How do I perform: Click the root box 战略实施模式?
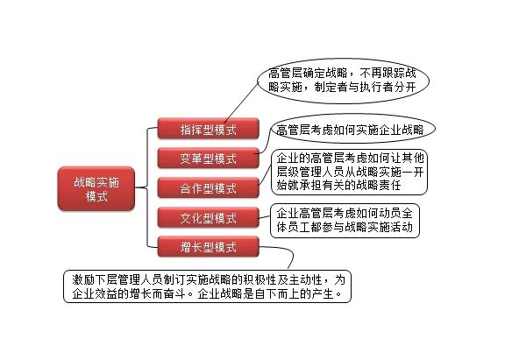[96, 188]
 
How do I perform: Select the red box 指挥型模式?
[209, 129]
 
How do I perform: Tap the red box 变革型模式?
[209, 159]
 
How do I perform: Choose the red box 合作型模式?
[209, 187]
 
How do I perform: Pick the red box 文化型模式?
[209, 217]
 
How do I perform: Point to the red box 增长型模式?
[209, 247]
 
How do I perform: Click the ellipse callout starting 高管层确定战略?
[343, 81]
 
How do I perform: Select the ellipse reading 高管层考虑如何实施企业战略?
[353, 129]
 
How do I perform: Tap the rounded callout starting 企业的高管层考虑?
[349, 172]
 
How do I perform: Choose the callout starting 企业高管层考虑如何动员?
[345, 221]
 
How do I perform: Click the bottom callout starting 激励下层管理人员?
[207, 286]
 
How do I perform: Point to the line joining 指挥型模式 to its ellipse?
[241, 102]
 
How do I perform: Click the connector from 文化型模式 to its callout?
[265, 217]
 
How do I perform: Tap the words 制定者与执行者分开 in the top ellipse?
[365, 87]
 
